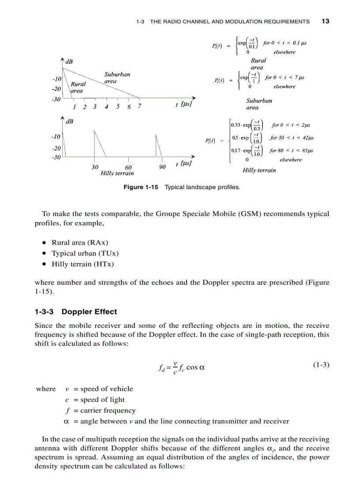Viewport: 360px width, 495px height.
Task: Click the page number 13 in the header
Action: (326, 21)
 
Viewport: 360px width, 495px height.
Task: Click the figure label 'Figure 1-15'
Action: (140, 187)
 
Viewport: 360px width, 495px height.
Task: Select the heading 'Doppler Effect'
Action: (89, 312)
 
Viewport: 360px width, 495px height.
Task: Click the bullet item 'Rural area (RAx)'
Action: (80, 242)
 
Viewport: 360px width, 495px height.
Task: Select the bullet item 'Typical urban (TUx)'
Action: (85, 253)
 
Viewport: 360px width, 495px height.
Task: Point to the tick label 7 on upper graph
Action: (139, 107)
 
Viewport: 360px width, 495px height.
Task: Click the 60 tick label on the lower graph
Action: (128, 167)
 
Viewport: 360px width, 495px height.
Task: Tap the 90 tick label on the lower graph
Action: (162, 167)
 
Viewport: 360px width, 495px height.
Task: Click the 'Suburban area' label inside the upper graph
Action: (117, 78)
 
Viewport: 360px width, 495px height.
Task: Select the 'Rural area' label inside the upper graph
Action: (78, 87)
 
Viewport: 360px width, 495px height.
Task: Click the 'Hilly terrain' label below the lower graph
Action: (117, 173)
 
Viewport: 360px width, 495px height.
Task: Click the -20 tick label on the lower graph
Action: (56, 149)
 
